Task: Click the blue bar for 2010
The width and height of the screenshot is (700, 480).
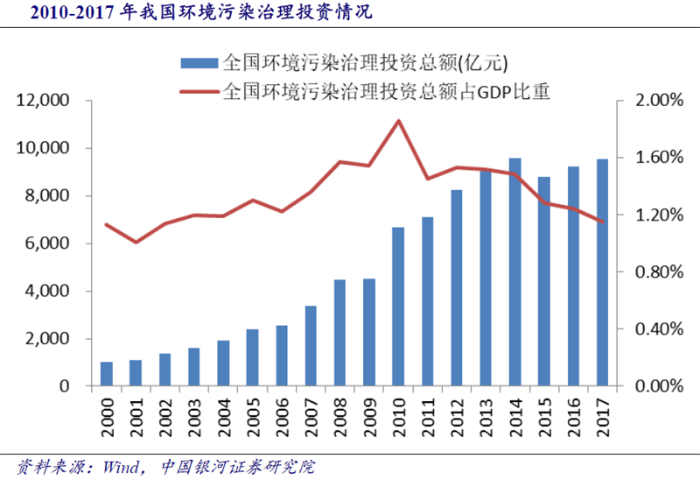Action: pos(398,307)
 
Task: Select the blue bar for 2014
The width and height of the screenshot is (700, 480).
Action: pos(515,272)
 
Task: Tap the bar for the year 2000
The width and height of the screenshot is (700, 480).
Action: pos(107,374)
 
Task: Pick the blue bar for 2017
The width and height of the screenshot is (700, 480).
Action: pos(602,272)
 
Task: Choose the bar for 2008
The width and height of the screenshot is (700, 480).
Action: pos(339,333)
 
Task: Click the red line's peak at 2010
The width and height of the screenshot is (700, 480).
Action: pos(398,121)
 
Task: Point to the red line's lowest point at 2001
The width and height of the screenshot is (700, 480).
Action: pos(136,242)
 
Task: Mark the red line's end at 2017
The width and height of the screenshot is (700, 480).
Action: pos(602,222)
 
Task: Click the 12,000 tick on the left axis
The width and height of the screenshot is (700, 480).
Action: pos(45,101)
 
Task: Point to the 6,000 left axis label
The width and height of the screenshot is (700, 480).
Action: pos(49,244)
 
